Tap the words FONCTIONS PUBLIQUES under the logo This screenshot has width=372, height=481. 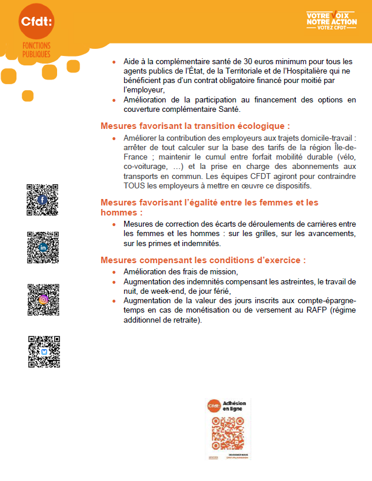point(36,49)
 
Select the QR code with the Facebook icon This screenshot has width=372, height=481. point(42,200)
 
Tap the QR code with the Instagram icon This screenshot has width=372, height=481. point(43,299)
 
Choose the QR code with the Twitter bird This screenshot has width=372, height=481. point(44,351)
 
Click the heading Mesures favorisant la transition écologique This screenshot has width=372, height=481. point(195,126)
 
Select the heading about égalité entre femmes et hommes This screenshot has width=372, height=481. point(209,207)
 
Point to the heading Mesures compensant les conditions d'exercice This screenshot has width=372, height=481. point(203,260)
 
